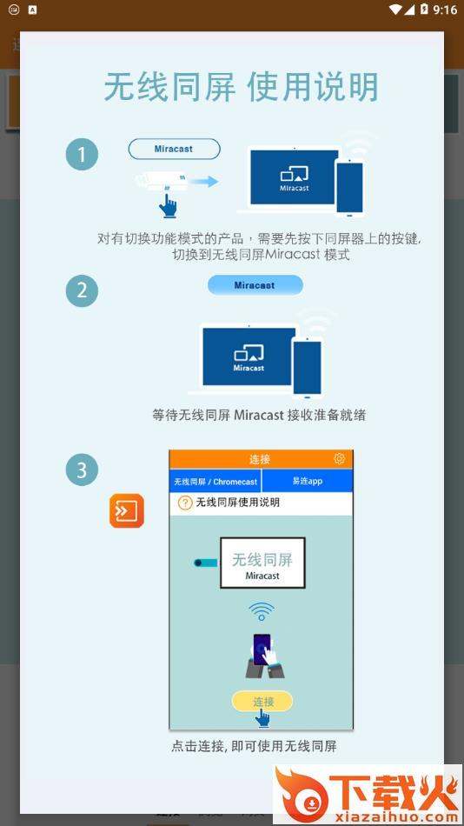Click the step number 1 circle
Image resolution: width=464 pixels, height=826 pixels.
[x=82, y=155]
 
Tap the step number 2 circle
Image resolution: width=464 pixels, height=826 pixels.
[x=82, y=290]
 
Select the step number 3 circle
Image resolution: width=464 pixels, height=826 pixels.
[x=82, y=470]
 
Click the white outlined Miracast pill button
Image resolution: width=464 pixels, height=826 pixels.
[x=174, y=149]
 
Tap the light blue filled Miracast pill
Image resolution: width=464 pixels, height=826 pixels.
[x=255, y=285]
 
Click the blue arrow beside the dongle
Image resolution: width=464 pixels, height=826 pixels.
[x=204, y=182]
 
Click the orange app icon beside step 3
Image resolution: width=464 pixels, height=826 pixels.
[x=126, y=510]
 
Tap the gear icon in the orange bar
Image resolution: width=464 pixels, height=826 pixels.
[x=339, y=459]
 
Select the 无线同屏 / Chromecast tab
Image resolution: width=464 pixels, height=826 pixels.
[x=215, y=482]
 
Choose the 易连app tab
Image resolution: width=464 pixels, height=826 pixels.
[x=307, y=482]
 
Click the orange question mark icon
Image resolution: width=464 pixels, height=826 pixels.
[x=185, y=503]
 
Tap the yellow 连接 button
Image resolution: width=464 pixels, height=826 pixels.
[x=262, y=702]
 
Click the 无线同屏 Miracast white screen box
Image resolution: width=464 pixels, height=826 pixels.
[x=262, y=563]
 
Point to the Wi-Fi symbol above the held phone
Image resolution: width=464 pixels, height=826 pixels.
[x=262, y=612]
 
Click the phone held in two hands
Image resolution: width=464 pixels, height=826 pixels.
[x=262, y=649]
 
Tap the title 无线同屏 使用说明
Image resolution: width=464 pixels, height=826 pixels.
[x=242, y=87]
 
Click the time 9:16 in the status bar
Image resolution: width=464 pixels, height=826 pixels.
[x=445, y=10]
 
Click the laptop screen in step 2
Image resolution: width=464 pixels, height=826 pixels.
[x=249, y=356]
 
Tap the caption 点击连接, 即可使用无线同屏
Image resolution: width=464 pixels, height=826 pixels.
[x=254, y=746]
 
